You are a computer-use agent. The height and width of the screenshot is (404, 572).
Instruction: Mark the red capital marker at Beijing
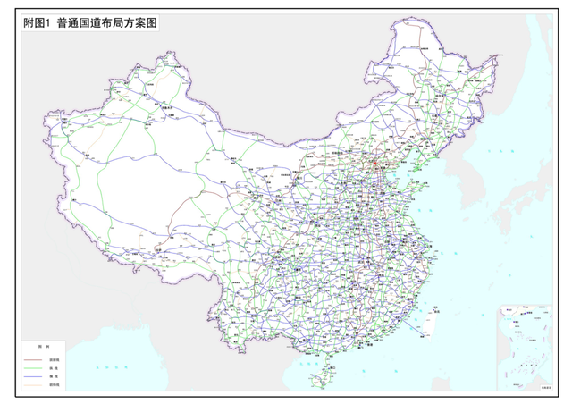pyautogui.click(x=377, y=164)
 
